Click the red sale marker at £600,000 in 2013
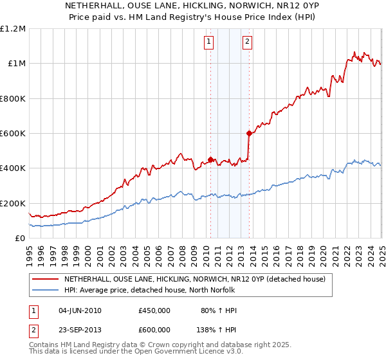point(249,134)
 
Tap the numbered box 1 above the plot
point(209,43)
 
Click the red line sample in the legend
point(45,279)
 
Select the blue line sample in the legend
point(45,290)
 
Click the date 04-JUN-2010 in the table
point(80,310)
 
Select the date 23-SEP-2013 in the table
point(80,332)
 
